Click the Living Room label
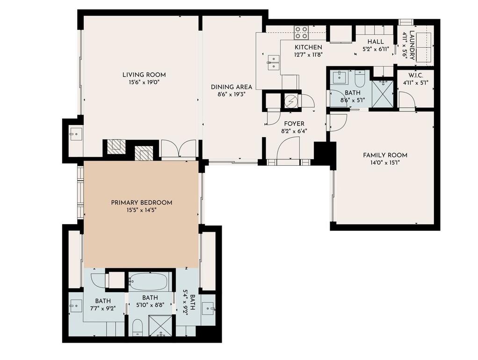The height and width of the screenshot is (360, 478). [x=144, y=75]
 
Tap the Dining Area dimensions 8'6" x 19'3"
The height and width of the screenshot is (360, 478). [x=232, y=95]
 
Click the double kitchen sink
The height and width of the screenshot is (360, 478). [x=274, y=62]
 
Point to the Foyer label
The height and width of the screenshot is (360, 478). [x=294, y=124]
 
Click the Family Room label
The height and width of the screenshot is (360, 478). [x=385, y=155]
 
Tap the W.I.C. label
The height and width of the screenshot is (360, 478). [x=416, y=75]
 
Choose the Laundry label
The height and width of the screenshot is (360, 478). [x=412, y=45]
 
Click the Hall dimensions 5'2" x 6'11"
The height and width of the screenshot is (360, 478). [x=376, y=49]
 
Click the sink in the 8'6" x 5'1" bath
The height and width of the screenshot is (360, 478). [x=339, y=77]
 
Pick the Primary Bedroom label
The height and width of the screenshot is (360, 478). [x=141, y=203]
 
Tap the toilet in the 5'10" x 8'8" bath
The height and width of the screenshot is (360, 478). [x=138, y=327]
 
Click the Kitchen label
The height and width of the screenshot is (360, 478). [x=308, y=47]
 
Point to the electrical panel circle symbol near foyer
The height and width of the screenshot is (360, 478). [x=290, y=100]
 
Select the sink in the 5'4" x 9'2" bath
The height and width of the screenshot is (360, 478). [x=209, y=309]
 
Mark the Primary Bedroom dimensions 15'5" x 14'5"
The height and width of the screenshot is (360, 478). [x=141, y=210]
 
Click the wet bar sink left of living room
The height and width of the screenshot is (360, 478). [x=76, y=134]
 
